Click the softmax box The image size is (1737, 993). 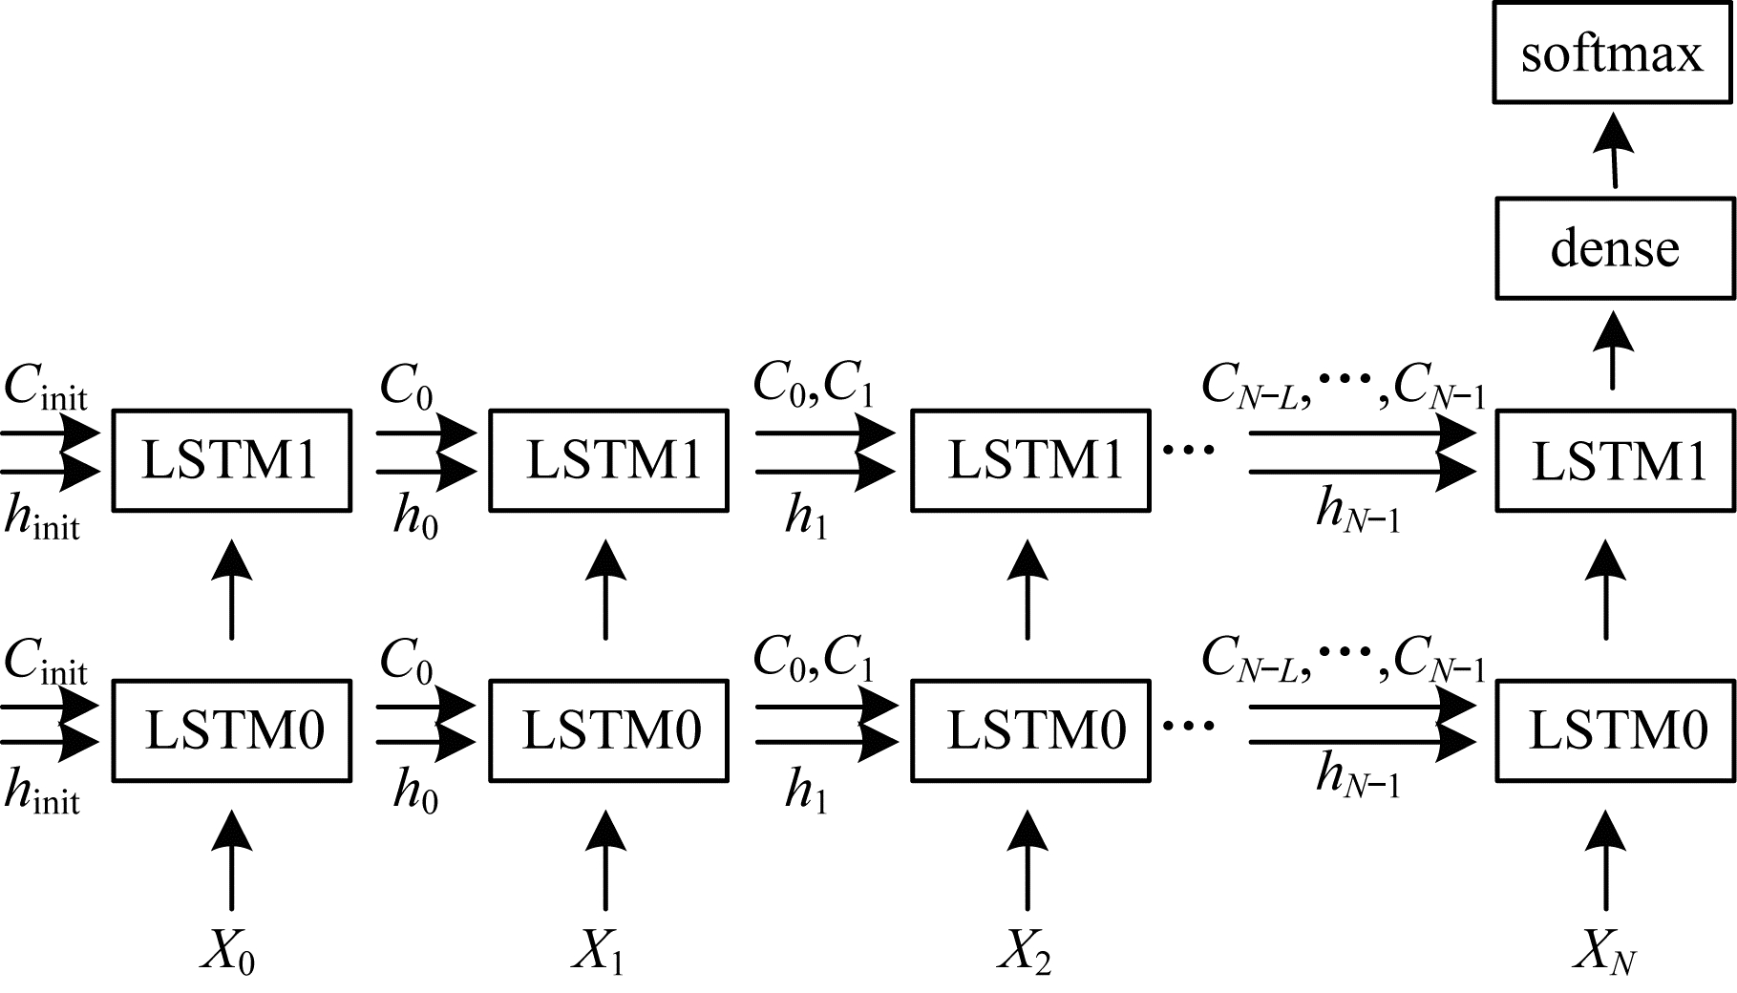pyautogui.click(x=1613, y=53)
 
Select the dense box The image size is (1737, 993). pyautogui.click(x=1614, y=248)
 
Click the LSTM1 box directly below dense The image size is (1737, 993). pyautogui.click(x=1615, y=460)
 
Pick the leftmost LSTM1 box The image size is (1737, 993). pyautogui.click(x=232, y=460)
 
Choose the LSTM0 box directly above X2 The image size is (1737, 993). pyautogui.click(x=1030, y=730)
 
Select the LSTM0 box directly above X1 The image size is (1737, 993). pyautogui.click(x=608, y=730)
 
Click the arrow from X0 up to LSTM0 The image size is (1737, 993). pyautogui.click(x=230, y=859)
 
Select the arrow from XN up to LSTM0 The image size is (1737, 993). pyautogui.click(x=1606, y=859)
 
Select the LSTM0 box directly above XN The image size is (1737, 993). pyautogui.click(x=1615, y=730)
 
